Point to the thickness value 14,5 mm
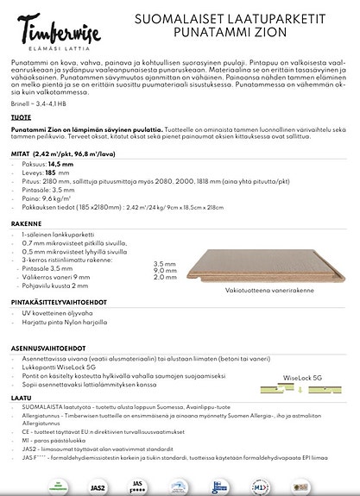coord(60,163)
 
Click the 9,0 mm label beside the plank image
coord(164,270)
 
